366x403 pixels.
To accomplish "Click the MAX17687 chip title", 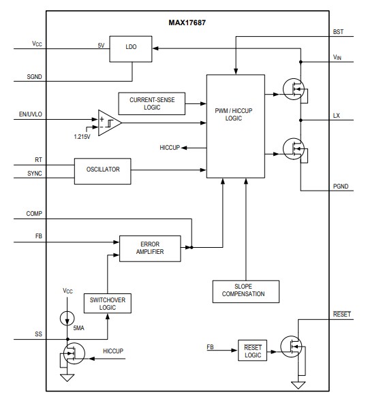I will point(189,22).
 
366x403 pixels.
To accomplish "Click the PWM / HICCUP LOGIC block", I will point(234,127).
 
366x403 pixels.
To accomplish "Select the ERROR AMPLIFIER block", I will point(150,247).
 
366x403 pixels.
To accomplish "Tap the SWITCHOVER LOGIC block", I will point(108,303).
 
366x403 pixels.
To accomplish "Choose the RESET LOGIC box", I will point(253,351).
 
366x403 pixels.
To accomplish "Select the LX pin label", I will point(336,116).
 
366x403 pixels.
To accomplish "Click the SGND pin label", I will point(36,78).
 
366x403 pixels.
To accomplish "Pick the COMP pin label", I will point(36,214).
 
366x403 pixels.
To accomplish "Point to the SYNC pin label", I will point(35,174).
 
